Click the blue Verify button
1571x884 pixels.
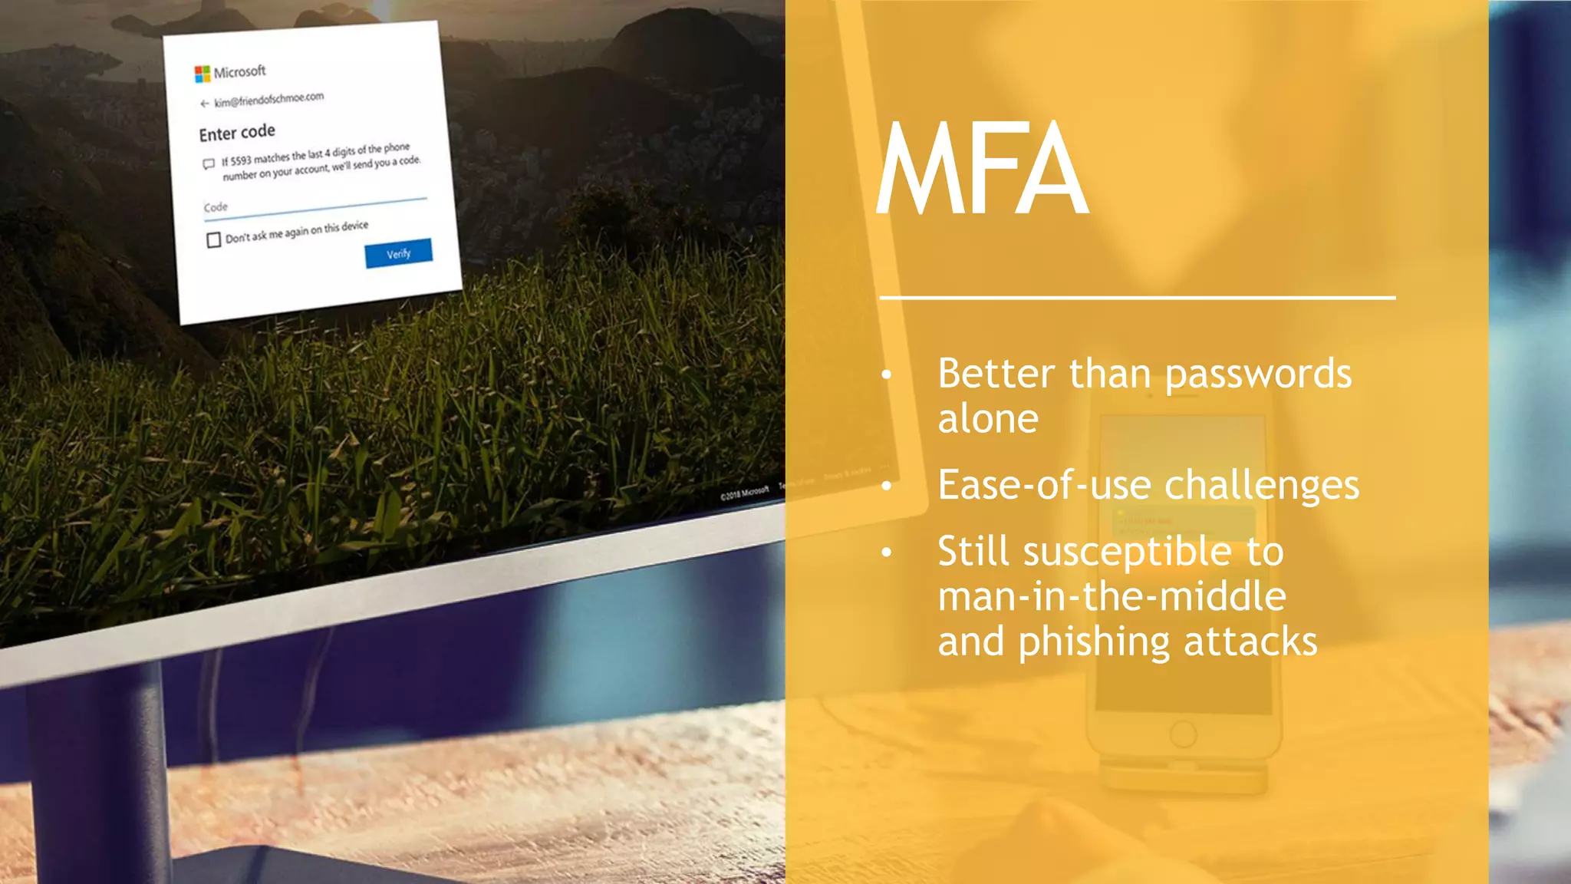tap(398, 253)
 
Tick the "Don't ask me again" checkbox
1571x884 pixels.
tap(214, 240)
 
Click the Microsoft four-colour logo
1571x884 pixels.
tap(203, 74)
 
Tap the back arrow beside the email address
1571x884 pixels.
tap(204, 104)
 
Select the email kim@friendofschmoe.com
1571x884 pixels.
tap(268, 100)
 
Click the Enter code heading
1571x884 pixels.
tap(237, 133)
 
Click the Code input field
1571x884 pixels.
tap(315, 206)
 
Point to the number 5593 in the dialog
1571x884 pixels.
tap(241, 160)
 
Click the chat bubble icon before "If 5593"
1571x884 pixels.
tap(209, 164)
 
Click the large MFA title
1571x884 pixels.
tap(982, 169)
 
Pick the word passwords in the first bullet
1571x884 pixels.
tap(1258, 374)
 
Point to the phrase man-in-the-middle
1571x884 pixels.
tap(1112, 596)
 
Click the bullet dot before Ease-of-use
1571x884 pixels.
tap(887, 486)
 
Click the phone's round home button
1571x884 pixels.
tap(1183, 734)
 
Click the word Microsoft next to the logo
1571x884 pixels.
tap(239, 71)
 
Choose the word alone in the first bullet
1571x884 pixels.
tap(988, 419)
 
